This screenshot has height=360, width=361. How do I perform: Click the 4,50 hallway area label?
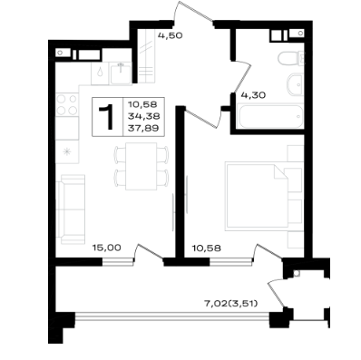(171, 35)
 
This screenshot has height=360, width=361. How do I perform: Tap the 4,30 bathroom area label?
(253, 95)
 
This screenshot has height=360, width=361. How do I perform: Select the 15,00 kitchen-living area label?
(107, 248)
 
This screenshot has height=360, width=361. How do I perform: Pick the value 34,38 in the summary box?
(143, 116)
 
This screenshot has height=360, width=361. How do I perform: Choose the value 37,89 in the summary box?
(143, 129)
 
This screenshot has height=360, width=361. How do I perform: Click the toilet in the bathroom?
(291, 58)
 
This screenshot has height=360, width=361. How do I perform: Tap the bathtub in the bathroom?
(270, 116)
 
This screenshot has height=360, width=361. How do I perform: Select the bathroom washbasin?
(295, 84)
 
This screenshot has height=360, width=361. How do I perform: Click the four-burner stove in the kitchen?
(67, 104)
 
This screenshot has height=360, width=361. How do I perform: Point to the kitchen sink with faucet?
(121, 74)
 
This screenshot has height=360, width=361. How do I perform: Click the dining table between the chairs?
(141, 166)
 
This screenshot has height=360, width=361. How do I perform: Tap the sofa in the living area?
(71, 209)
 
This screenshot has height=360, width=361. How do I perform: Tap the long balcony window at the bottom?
(171, 316)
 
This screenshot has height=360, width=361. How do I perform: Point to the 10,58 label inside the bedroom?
(207, 248)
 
